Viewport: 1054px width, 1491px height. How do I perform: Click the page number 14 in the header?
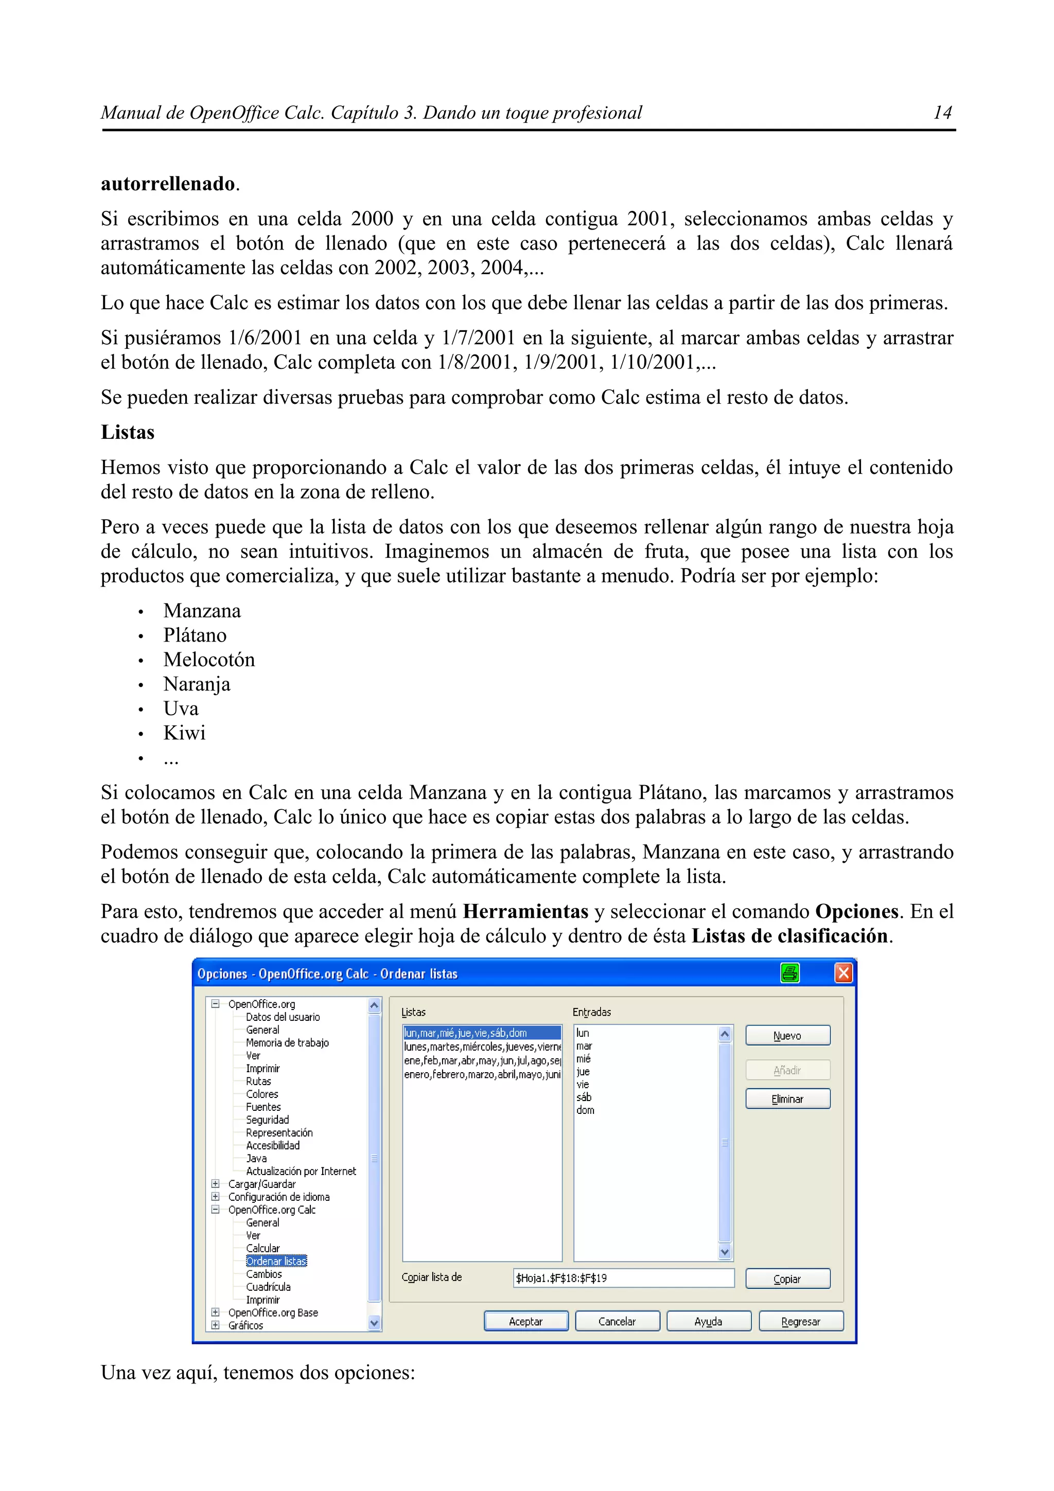(942, 113)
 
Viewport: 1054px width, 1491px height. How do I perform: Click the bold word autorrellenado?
(168, 184)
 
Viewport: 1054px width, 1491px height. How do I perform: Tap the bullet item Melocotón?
(208, 660)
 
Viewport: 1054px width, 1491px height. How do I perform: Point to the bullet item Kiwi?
(184, 733)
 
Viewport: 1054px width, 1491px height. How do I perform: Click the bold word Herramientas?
(525, 912)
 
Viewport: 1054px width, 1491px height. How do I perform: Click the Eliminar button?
(787, 1099)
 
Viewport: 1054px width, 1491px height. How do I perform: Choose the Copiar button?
(787, 1279)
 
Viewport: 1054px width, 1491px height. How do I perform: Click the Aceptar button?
(525, 1321)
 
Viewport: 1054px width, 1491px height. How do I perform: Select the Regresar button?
(800, 1321)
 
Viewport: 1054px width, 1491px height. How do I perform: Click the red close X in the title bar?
(843, 973)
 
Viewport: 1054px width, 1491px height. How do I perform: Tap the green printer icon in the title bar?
(789, 973)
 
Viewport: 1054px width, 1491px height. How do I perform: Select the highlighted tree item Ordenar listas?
(276, 1261)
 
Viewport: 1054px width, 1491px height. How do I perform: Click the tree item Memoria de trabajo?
(287, 1043)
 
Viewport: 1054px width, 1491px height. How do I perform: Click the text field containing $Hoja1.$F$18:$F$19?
(623, 1278)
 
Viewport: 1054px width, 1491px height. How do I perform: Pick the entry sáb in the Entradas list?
(584, 1097)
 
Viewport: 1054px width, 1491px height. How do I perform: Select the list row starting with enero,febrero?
(482, 1075)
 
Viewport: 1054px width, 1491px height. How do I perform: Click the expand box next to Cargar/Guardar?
(216, 1184)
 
